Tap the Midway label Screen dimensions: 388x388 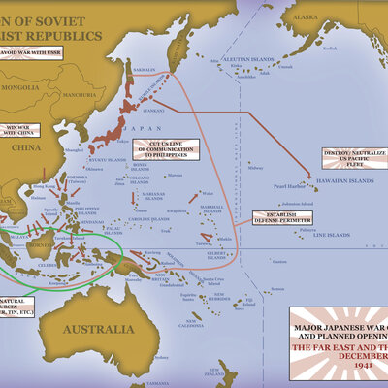pos(255,167)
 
